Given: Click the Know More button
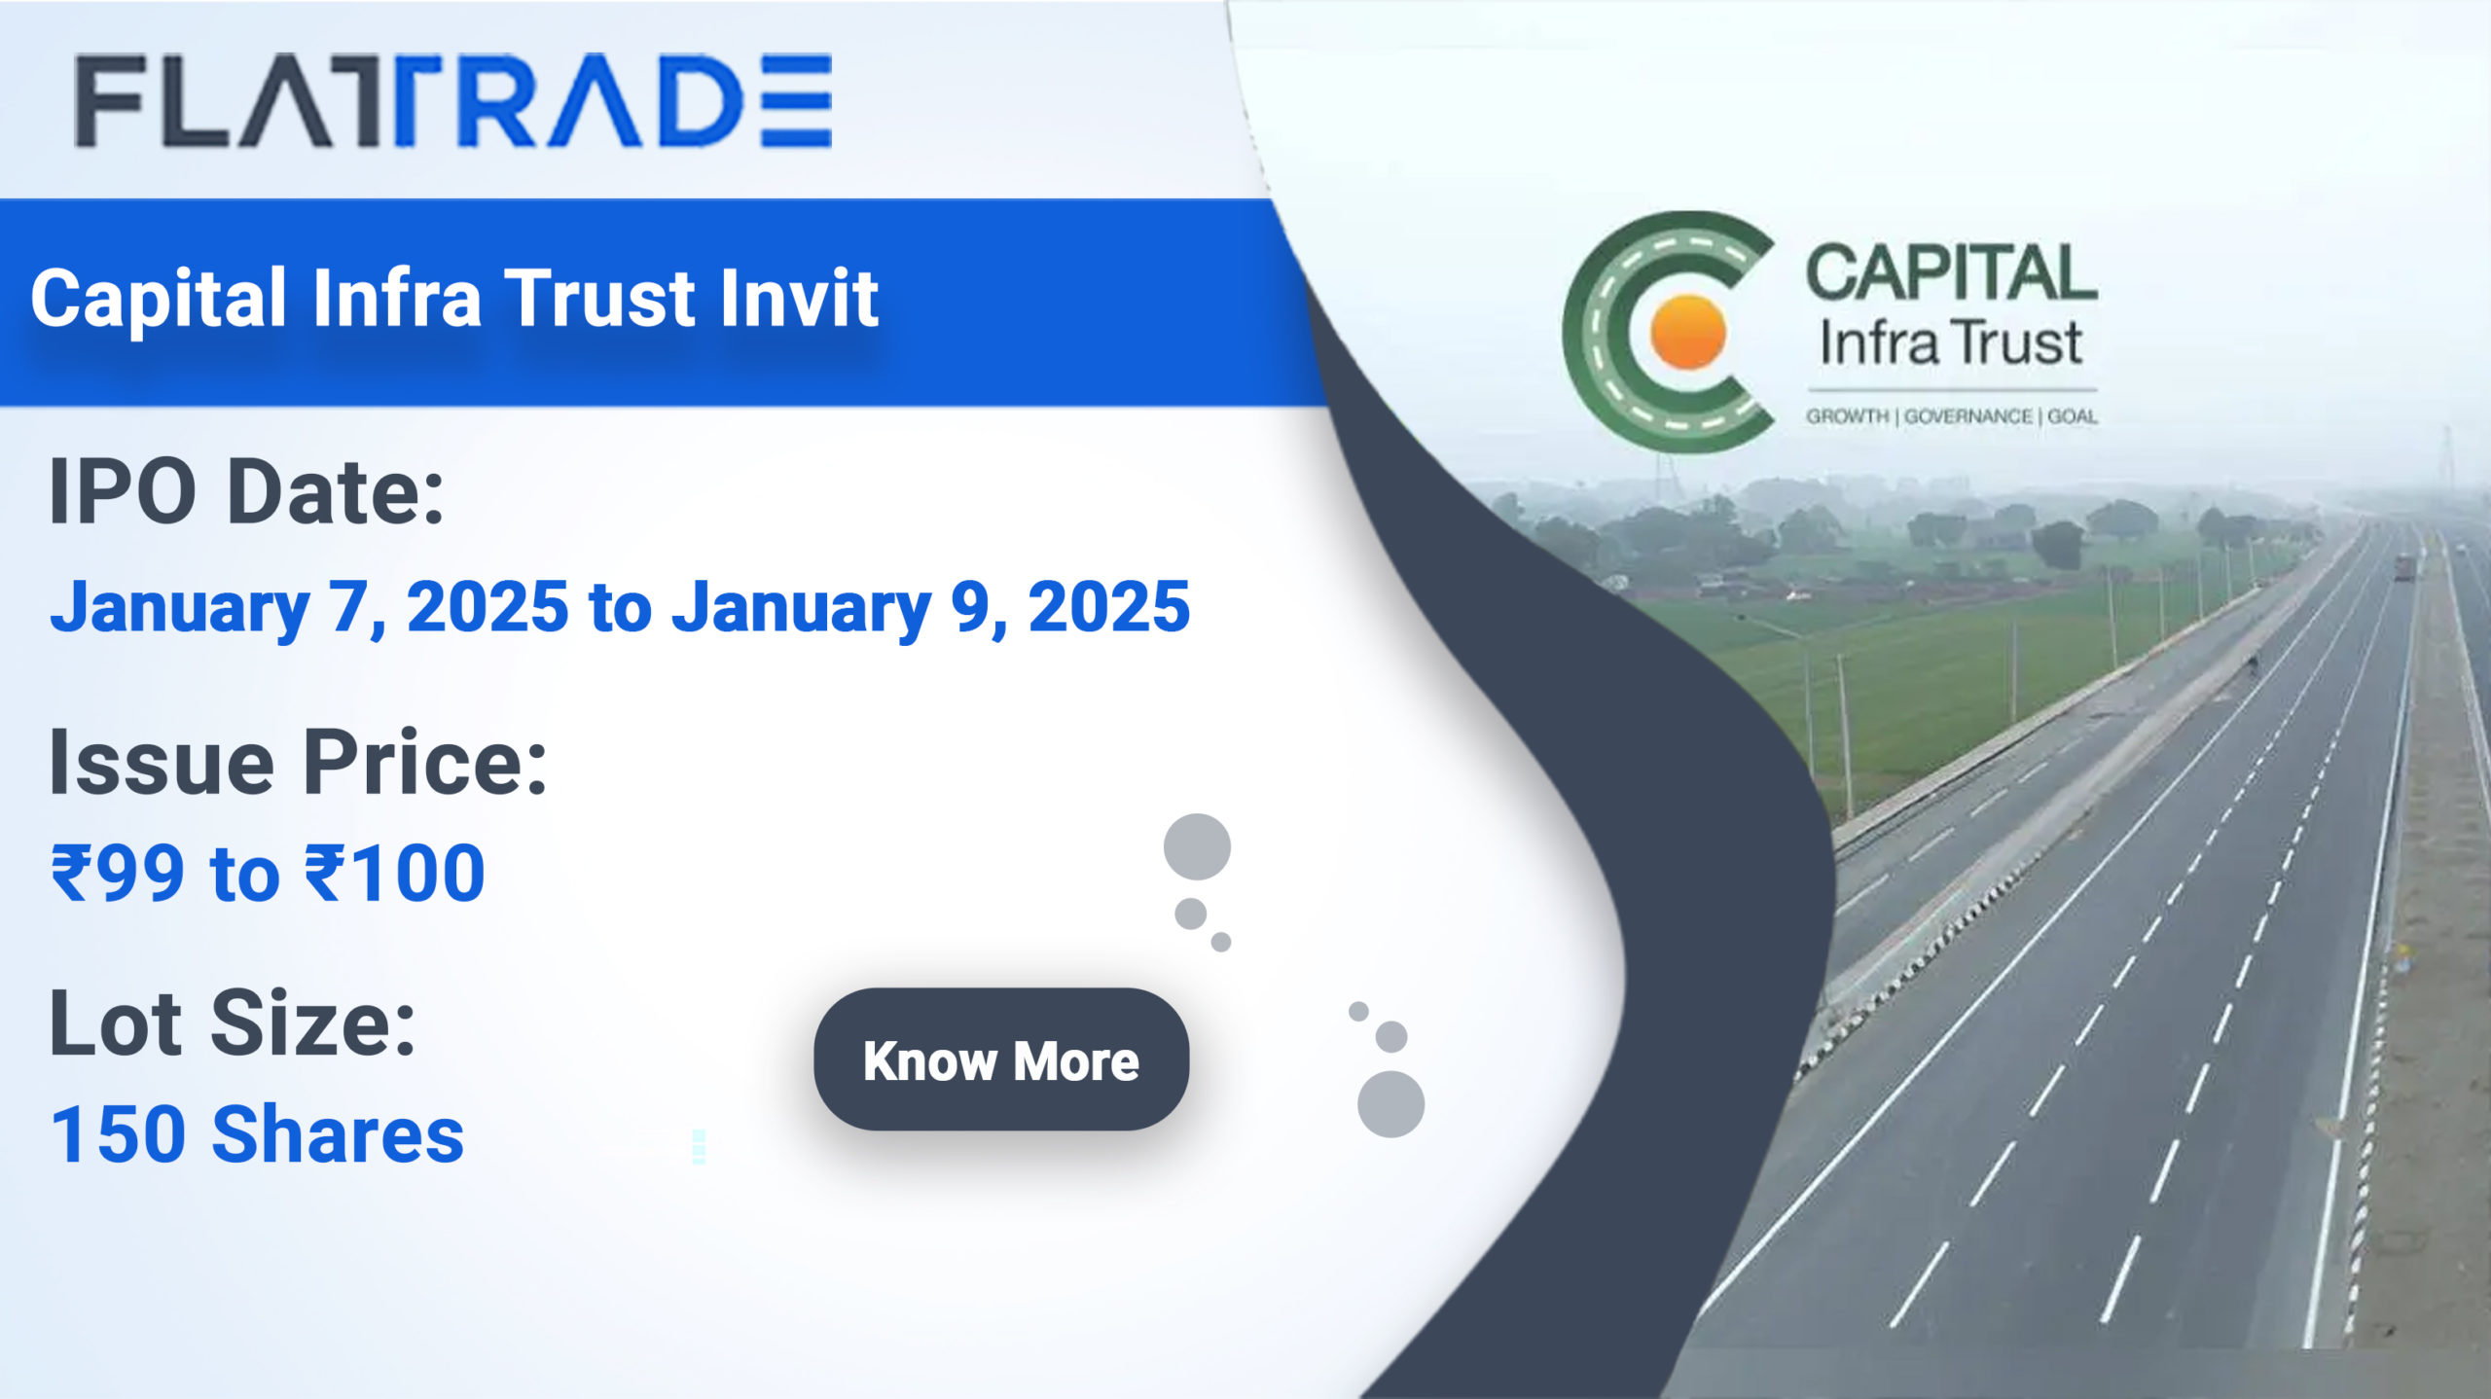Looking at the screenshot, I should click(x=1000, y=1059).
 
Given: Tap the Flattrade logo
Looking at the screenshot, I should click(x=453, y=101).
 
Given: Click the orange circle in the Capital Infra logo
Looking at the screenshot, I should click(x=1688, y=333).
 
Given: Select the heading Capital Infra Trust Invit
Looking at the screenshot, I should click(x=454, y=298).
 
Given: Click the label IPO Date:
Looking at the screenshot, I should click(x=246, y=492).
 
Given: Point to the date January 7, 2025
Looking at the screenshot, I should click(x=309, y=606).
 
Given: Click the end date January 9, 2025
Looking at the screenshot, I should click(x=931, y=606).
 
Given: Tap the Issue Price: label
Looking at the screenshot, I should click(x=298, y=762).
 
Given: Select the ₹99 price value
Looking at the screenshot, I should click(x=118, y=873).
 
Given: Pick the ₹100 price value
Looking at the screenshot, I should click(x=395, y=873).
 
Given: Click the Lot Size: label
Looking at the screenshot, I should click(x=233, y=1023).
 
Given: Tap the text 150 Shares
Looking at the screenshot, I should click(x=257, y=1134).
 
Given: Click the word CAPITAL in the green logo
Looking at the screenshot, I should click(x=1950, y=273).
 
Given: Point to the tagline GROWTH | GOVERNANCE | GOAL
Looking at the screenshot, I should click(x=1951, y=416).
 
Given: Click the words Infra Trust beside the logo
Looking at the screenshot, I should click(x=1950, y=343).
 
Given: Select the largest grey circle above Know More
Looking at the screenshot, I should click(x=1197, y=846).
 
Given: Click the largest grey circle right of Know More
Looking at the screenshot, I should click(x=1390, y=1104).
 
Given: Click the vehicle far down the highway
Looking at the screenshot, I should click(x=2404, y=567).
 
